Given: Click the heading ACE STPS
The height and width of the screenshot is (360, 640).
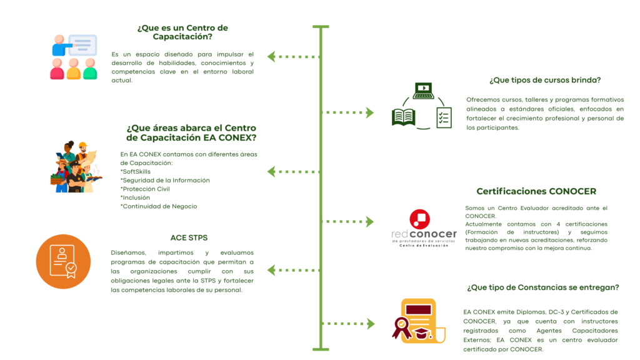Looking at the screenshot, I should coord(189,237).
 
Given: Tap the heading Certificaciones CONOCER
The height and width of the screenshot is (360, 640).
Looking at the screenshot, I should coord(536,191).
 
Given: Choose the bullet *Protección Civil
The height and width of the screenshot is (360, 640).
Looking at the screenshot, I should coord(145,189).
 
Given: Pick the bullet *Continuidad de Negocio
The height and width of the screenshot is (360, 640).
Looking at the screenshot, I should coord(159,206).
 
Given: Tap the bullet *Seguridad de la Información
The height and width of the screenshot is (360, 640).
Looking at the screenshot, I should coord(164,180).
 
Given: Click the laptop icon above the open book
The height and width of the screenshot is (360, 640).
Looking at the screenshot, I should coord(423,91).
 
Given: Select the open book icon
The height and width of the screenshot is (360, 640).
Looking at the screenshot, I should coord(404,117).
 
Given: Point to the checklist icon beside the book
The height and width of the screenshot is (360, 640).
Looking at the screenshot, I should coord(444,117).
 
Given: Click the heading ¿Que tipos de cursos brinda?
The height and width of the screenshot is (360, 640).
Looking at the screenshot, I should coord(545,80).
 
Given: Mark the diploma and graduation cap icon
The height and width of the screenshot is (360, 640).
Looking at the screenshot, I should coord(417,322).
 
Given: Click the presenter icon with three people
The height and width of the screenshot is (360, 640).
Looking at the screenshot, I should coord(74,57).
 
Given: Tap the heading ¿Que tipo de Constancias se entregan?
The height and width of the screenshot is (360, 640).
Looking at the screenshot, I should coord(542,287).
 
